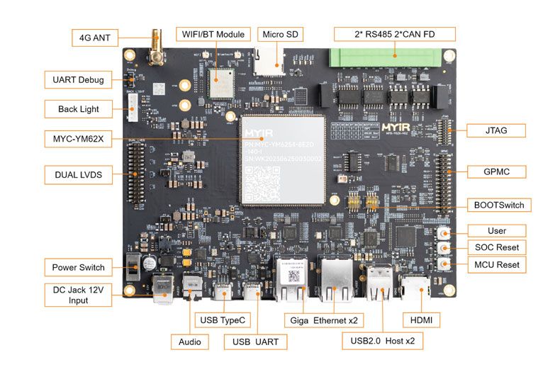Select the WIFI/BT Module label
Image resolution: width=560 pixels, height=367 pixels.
[x=213, y=34]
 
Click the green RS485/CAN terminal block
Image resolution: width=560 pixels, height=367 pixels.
[x=393, y=57]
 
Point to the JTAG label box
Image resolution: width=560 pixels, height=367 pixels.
[x=497, y=130]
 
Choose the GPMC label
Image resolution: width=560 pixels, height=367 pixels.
[x=497, y=171]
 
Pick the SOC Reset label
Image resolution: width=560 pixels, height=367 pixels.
[x=497, y=247]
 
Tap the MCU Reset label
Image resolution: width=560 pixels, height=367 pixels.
[x=497, y=264]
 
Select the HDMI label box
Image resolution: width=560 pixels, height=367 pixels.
[x=421, y=320]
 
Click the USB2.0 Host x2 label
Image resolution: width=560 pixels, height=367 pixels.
[x=383, y=341]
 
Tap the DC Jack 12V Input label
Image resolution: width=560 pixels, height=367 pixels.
[x=78, y=295]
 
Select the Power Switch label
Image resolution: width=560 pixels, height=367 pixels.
[x=78, y=267]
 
